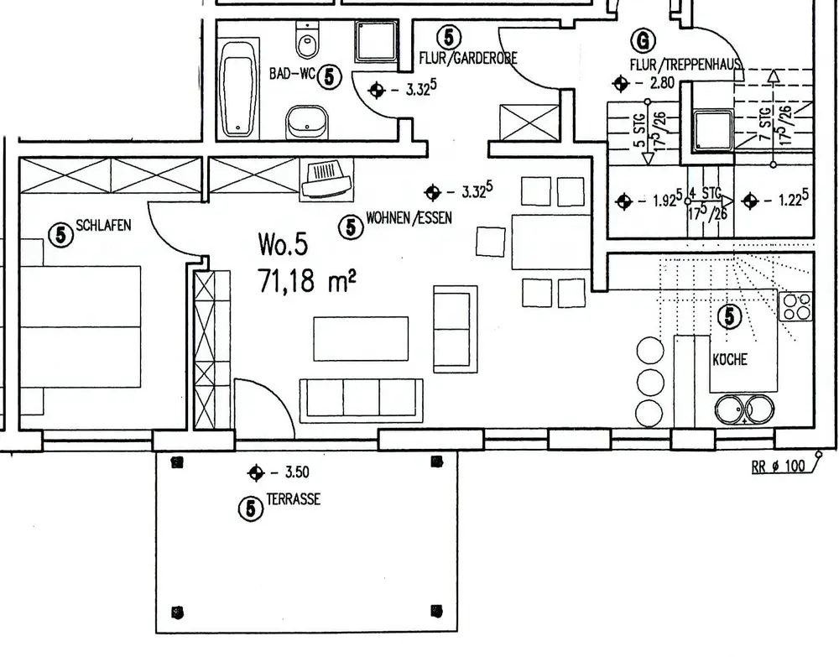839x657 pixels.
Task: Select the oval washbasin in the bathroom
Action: [x=305, y=123]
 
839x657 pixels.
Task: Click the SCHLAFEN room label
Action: [x=103, y=226]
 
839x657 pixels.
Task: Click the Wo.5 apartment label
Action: [x=283, y=245]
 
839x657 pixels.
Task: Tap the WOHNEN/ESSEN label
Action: [x=409, y=219]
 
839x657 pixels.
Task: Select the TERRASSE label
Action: [x=293, y=499]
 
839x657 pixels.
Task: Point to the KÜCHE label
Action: [x=729, y=360]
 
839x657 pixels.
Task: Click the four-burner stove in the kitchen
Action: [x=795, y=306]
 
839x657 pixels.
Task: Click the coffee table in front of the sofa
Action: [x=361, y=338]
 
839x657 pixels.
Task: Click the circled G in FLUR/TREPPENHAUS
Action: [x=642, y=40]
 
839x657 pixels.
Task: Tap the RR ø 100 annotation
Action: [x=778, y=467]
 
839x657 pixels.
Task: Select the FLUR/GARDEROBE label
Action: [x=468, y=58]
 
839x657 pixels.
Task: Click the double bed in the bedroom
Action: [x=80, y=326]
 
